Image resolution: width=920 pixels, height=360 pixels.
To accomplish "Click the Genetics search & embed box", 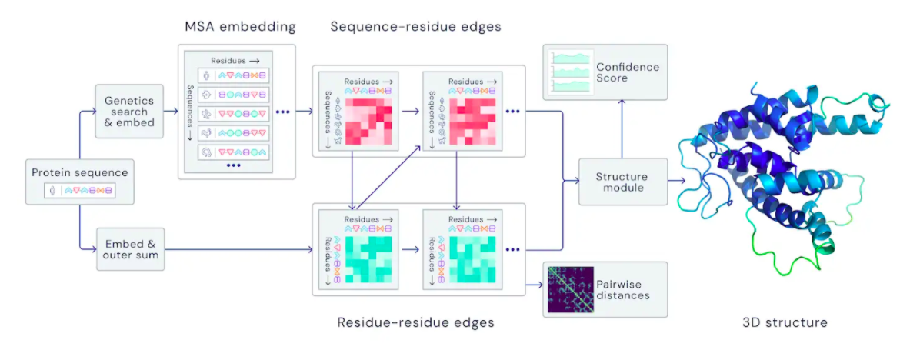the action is tap(129, 112).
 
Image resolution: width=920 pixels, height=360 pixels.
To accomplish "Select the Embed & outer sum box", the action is tap(129, 250).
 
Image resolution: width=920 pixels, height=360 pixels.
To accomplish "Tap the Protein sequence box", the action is tap(80, 182).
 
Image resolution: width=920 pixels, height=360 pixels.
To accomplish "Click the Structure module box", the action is tap(622, 182).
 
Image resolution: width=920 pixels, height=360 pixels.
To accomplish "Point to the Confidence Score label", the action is tap(628, 72).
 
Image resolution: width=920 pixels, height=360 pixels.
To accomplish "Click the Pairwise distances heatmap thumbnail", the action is tap(570, 290).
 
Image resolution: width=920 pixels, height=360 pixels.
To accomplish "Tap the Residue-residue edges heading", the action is tap(415, 322).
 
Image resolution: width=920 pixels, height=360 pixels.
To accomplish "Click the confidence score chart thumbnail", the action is tap(568, 72).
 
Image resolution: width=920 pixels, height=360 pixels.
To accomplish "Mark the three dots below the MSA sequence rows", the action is tap(234, 166).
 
